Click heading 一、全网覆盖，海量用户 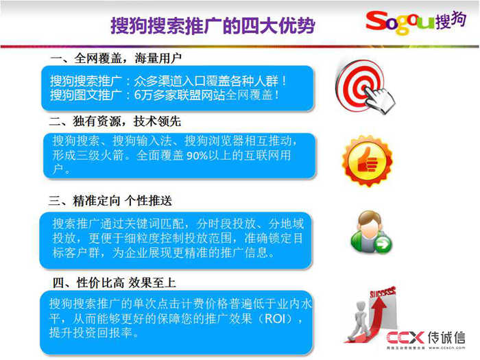pyautogui.click(x=115, y=58)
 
